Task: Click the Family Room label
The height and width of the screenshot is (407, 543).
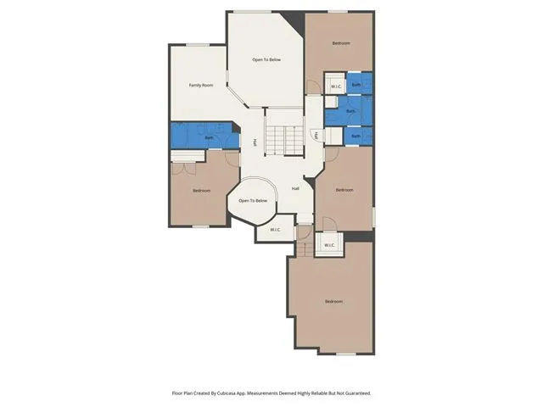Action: [x=201, y=85]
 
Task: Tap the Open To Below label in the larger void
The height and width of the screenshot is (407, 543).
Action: [x=266, y=59]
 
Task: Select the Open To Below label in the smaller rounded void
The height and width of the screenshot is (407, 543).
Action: [x=253, y=201]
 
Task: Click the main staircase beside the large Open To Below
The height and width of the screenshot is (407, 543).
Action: [x=285, y=140]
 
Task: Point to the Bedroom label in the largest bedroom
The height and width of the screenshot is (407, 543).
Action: [x=333, y=302]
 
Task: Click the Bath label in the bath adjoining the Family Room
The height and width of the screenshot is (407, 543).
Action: [x=209, y=137]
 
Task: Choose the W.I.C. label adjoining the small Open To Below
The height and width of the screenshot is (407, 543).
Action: [x=275, y=230]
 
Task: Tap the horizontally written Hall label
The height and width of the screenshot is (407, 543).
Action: [x=295, y=188]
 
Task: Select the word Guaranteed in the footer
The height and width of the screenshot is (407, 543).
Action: [x=359, y=393]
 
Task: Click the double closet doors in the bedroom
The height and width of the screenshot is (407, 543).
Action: [x=184, y=168]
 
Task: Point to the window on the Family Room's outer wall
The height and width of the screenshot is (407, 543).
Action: [x=198, y=45]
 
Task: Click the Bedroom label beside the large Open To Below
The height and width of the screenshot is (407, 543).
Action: [x=341, y=43]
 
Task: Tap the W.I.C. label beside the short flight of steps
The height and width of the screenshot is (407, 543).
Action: [x=329, y=245]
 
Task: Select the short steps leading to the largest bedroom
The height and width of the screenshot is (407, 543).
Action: [x=305, y=248]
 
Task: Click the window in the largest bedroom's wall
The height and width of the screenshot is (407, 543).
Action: [x=346, y=354]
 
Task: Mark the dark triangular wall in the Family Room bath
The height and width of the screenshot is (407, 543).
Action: [x=236, y=127]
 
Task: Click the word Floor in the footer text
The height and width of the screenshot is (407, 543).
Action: [x=176, y=393]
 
